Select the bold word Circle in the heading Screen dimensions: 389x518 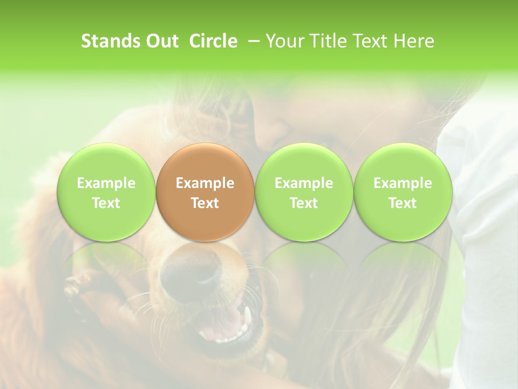[x=213, y=41]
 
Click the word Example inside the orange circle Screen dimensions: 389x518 [x=205, y=183]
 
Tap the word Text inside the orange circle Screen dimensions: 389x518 [x=205, y=203]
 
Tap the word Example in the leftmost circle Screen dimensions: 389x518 [x=106, y=183]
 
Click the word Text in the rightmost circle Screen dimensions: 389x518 [x=403, y=203]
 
